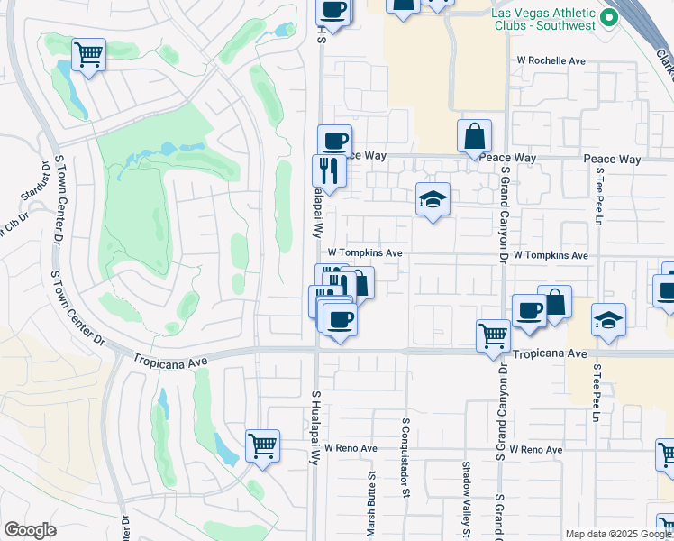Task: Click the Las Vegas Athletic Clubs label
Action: [543, 19]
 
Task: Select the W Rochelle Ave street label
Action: [551, 60]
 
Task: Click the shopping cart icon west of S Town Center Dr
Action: [88, 55]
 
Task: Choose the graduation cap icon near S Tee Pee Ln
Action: [608, 320]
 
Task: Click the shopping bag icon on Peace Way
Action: [474, 137]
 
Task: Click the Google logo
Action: [30, 530]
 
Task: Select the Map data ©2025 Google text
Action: [617, 534]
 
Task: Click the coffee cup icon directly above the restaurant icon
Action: [334, 141]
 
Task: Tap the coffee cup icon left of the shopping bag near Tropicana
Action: [529, 310]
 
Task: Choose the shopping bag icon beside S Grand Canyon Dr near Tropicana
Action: [555, 303]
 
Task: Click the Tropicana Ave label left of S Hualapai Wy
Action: [171, 358]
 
